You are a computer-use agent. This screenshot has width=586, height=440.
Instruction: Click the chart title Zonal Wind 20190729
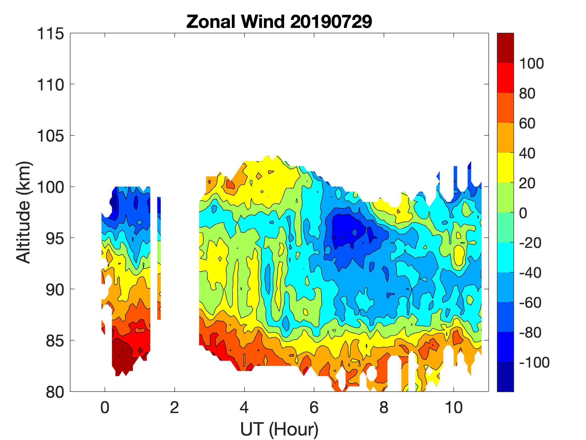279,22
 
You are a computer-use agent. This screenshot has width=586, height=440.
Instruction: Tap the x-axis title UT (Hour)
279,429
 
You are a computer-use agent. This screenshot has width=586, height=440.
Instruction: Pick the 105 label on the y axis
50,136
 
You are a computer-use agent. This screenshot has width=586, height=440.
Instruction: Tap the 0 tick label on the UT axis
105,407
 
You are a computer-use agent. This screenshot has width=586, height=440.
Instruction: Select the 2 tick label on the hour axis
174,407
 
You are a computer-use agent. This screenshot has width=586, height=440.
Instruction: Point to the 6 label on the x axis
314,407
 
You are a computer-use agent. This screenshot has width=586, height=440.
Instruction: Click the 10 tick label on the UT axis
454,407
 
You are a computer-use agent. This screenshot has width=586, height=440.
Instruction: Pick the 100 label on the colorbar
531,64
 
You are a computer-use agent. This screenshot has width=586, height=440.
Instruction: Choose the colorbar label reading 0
523,213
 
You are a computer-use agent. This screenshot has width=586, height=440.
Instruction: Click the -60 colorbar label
530,303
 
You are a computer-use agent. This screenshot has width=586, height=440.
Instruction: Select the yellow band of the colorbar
505,168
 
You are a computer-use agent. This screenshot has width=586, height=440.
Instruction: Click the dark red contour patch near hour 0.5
122,357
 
